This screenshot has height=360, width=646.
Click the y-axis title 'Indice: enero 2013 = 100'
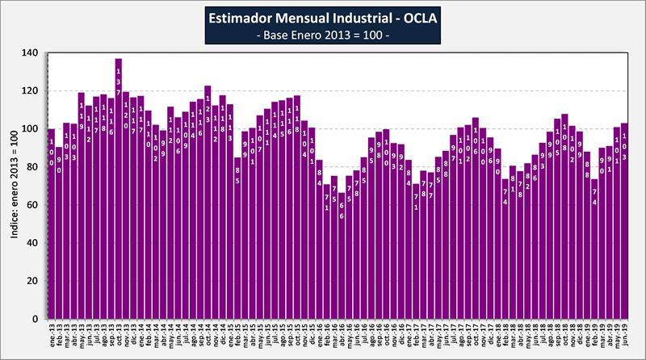click(13, 186)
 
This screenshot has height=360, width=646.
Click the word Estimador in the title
click(245, 19)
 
